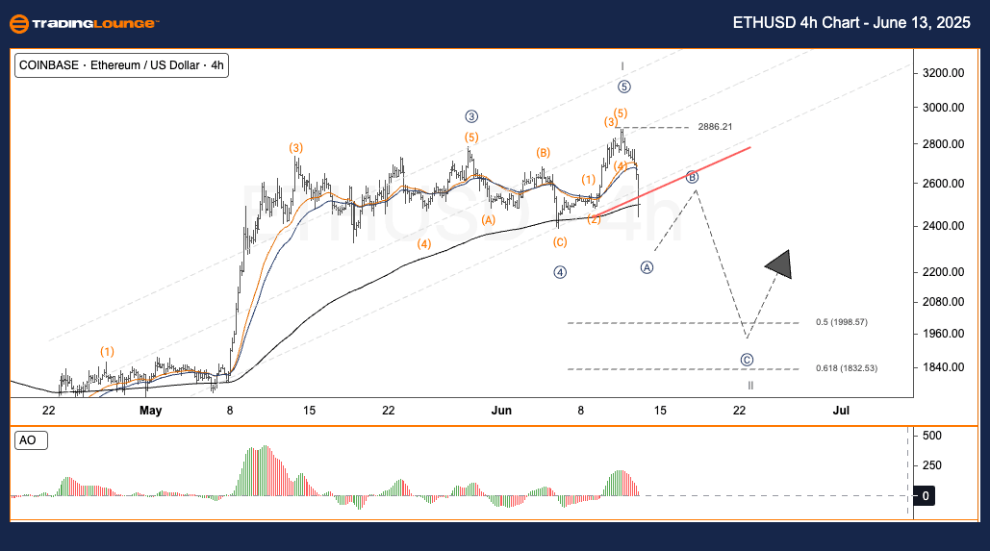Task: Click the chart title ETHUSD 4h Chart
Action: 854,22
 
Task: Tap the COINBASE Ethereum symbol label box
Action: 121,65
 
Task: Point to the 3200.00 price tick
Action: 943,73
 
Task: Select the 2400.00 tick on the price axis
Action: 943,226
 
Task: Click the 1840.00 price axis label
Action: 943,367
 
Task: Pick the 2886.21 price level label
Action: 715,127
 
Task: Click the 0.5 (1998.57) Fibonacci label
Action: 842,322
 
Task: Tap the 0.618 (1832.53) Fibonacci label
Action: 847,367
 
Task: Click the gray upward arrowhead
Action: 779,264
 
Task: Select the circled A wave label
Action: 647,267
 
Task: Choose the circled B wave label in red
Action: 692,177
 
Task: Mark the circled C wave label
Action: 748,360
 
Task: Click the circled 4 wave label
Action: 560,272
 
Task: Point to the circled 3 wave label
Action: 471,116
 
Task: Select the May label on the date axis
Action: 150,411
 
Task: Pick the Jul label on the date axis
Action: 841,411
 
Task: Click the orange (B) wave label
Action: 544,153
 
